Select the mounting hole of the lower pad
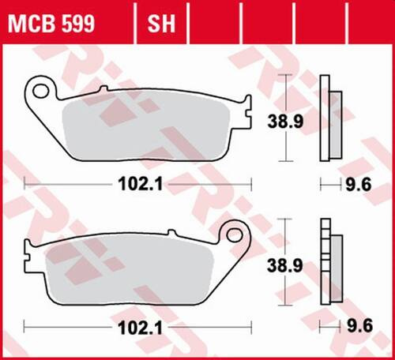click(234, 234)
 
